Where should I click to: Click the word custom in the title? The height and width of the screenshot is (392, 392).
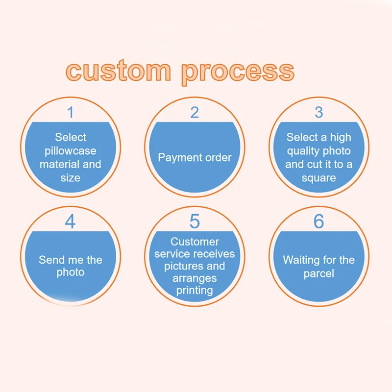[118, 72]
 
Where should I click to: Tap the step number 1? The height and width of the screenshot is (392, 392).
[71, 113]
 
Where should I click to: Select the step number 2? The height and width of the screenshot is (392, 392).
[195, 113]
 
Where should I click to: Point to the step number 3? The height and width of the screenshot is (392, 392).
[319, 113]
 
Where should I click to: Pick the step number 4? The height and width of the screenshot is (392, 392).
[71, 221]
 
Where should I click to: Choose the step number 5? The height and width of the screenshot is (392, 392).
[195, 221]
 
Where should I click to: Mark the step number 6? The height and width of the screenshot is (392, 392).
[319, 221]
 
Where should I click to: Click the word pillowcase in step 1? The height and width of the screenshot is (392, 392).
[71, 151]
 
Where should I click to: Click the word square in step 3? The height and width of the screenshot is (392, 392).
[319, 178]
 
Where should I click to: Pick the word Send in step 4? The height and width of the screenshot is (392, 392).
[51, 260]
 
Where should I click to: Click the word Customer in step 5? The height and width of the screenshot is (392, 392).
[195, 242]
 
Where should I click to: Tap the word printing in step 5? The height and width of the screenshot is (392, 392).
[195, 290]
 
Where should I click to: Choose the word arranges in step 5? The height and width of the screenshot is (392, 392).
[195, 278]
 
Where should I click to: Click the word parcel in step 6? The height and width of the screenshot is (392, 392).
[319, 273]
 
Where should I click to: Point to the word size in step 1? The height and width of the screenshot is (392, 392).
[71, 178]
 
